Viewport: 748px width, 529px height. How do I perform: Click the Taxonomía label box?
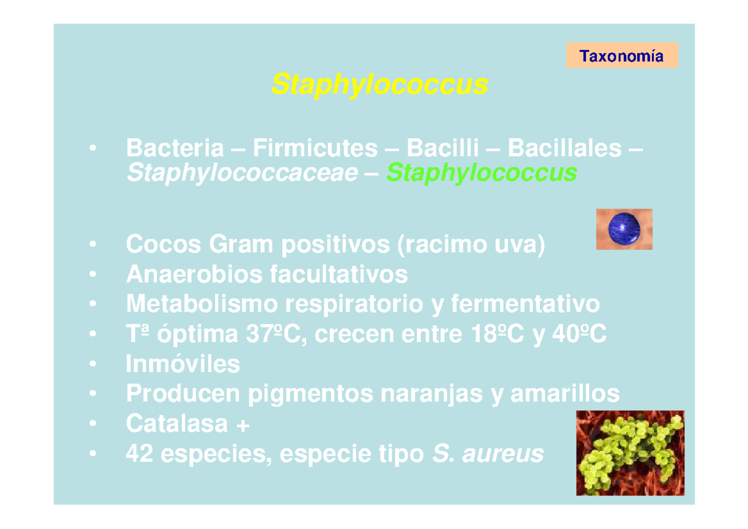621,57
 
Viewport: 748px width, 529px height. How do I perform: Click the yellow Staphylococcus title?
379,84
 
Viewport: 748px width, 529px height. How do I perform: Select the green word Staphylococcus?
481,173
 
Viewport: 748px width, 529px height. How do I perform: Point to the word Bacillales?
564,148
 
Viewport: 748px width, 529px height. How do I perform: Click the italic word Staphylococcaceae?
242,173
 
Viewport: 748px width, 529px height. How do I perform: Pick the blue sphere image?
624,229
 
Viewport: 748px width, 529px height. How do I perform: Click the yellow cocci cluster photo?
630,453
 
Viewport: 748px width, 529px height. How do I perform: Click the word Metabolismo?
201,304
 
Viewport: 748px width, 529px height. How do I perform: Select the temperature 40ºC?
577,335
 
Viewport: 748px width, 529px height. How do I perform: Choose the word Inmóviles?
183,364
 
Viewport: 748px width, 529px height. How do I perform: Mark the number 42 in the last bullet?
140,454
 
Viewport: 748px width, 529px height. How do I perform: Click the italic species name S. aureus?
487,454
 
